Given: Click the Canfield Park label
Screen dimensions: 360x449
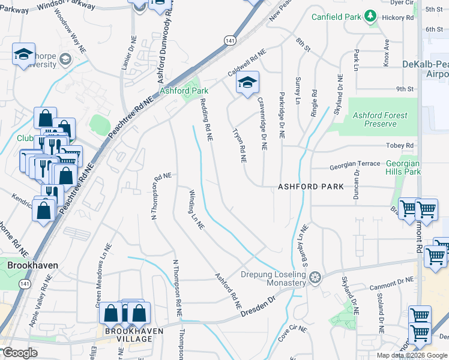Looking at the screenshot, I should (336, 16).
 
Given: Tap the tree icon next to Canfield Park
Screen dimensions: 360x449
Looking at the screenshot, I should (371, 16).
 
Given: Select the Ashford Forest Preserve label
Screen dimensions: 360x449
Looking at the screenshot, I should (380, 119).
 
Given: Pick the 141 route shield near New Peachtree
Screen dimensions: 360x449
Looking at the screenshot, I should (230, 40).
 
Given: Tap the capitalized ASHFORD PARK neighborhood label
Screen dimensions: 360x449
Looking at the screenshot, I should (311, 187).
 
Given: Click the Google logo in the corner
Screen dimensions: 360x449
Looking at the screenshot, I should (19, 353).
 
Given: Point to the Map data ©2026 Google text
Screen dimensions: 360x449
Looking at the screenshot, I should (411, 355).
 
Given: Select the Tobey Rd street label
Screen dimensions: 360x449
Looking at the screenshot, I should (401, 146).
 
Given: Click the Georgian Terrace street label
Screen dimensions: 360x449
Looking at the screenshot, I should (354, 164).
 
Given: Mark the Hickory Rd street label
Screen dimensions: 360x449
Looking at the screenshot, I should (402, 18).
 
